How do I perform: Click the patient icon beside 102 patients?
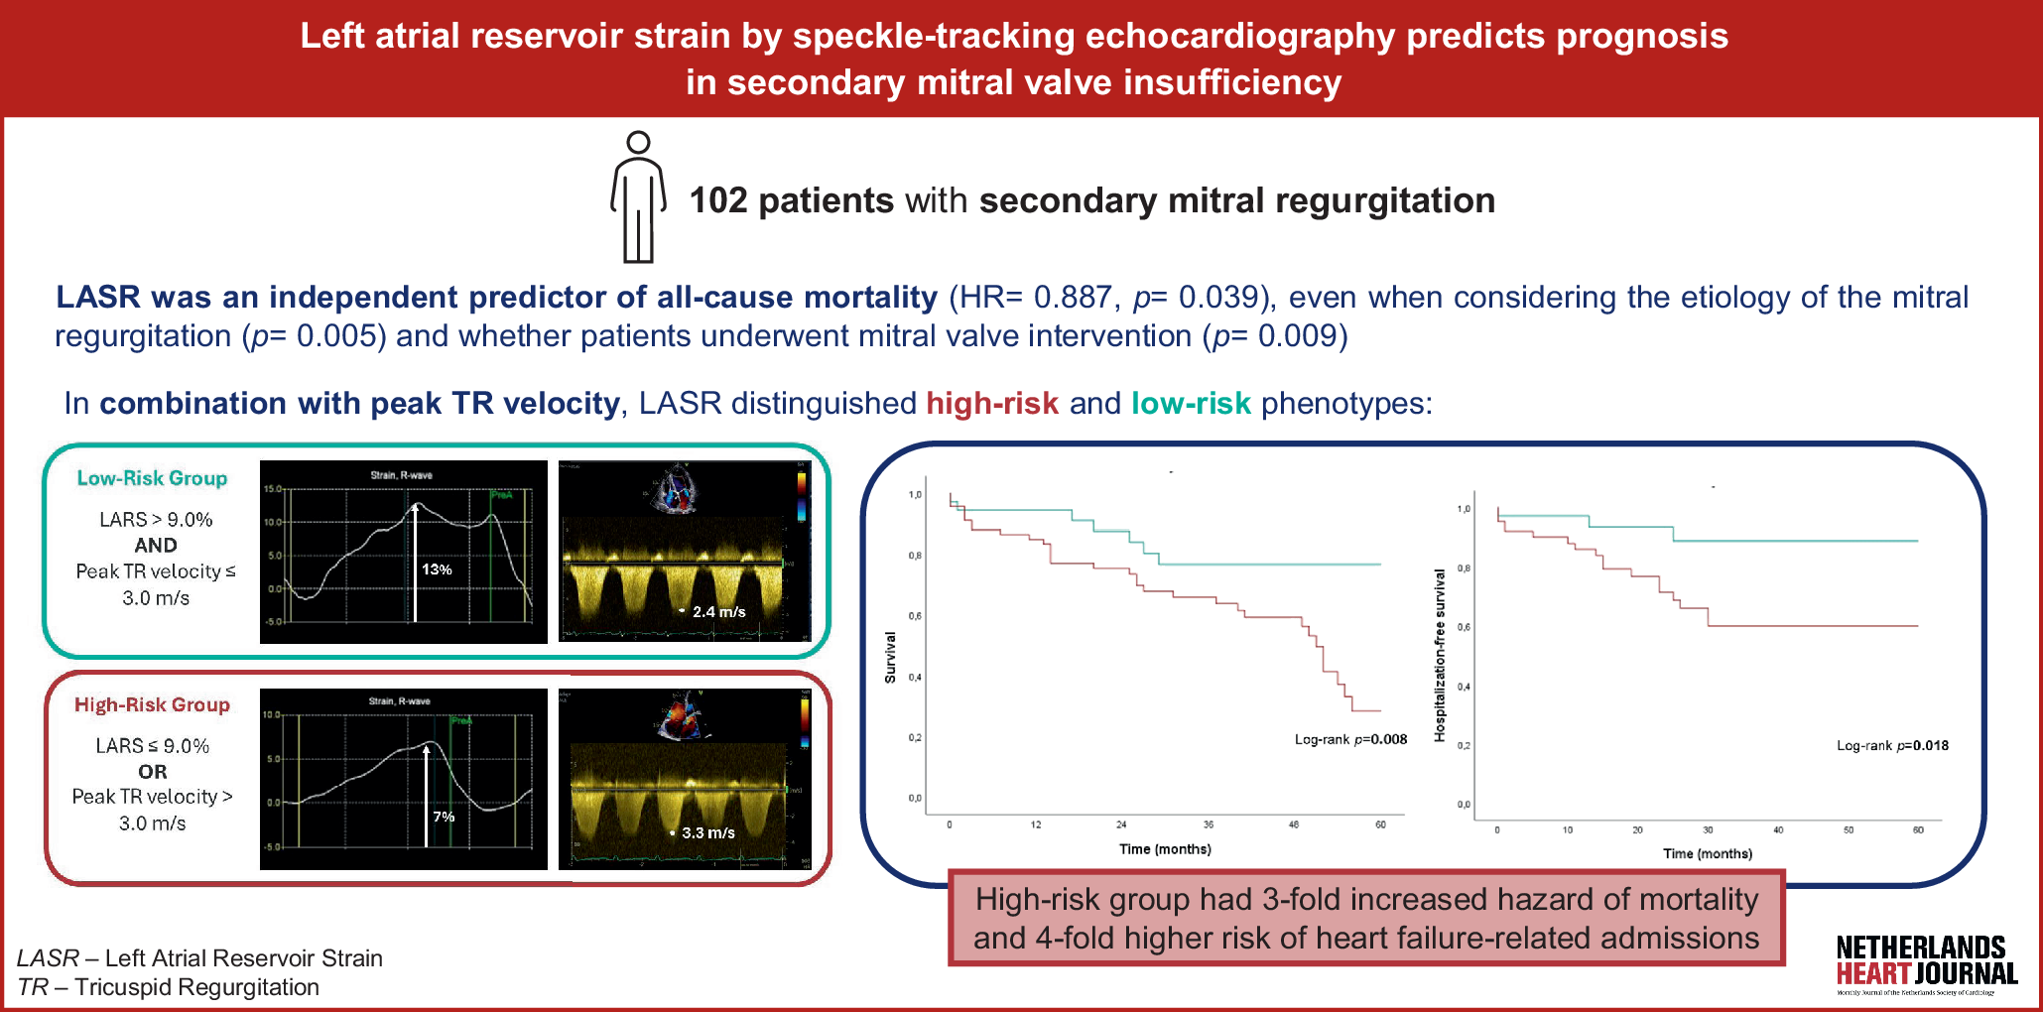pyautogui.click(x=638, y=197)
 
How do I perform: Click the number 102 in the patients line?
pyautogui.click(x=717, y=200)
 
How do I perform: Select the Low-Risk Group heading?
pyautogui.click(x=152, y=478)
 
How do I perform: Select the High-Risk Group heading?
pyautogui.click(x=152, y=704)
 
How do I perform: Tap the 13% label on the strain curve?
pyautogui.click(x=437, y=569)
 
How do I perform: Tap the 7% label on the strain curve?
pyautogui.click(x=444, y=817)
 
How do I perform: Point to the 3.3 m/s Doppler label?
pyautogui.click(x=707, y=833)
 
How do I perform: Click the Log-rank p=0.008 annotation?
pyautogui.click(x=1350, y=739)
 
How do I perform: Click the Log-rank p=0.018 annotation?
pyautogui.click(x=1892, y=746)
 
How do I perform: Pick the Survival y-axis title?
pyautogui.click(x=890, y=657)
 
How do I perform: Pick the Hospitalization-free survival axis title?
pyautogui.click(x=1440, y=655)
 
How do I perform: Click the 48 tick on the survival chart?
pyautogui.click(x=1294, y=824)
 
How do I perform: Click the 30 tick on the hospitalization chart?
pyautogui.click(x=1708, y=829)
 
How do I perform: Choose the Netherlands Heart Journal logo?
pyautogui.click(x=1926, y=963)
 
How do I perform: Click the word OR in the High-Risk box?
pyautogui.click(x=153, y=772)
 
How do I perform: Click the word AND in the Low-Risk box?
pyautogui.click(x=156, y=546)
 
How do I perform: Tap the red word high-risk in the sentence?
pyautogui.click(x=992, y=404)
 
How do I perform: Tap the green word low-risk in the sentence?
pyautogui.click(x=1191, y=404)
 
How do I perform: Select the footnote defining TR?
pyautogui.click(x=169, y=987)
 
